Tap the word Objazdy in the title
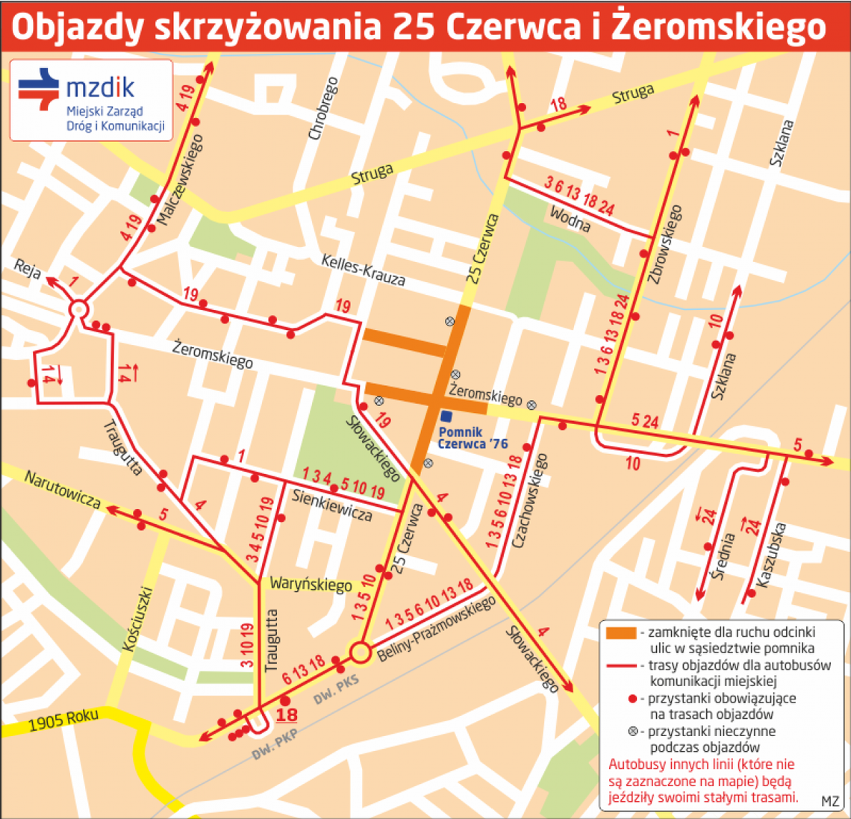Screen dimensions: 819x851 coord(76,28)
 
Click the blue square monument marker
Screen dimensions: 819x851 coord(446,417)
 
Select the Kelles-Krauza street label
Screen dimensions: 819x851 coord(363,270)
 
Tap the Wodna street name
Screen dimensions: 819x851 coord(570,219)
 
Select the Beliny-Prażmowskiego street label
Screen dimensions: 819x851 coord(437,629)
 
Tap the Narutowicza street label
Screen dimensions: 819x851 coord(63,489)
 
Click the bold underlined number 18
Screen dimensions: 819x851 coord(287,715)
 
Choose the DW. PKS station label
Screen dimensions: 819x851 coord(336,688)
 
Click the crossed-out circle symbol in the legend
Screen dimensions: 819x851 coord(632,732)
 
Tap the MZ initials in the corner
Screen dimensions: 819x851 coord(829,801)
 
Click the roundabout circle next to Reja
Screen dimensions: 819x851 coord(79,309)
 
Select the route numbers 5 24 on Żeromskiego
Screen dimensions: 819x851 coord(644,422)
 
